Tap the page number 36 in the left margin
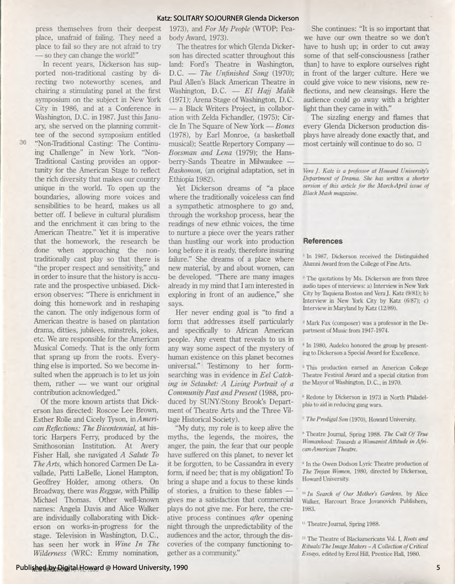tap(22, 142)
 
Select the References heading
tap(322, 241)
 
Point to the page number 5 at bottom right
tap(438, 568)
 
